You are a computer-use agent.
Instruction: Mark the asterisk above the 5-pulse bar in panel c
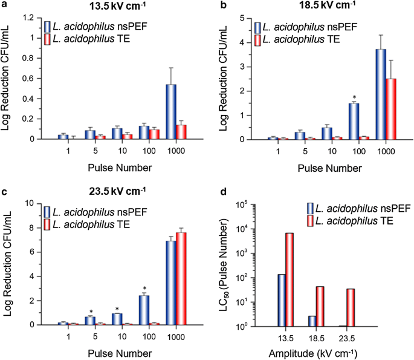pos(90,310)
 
